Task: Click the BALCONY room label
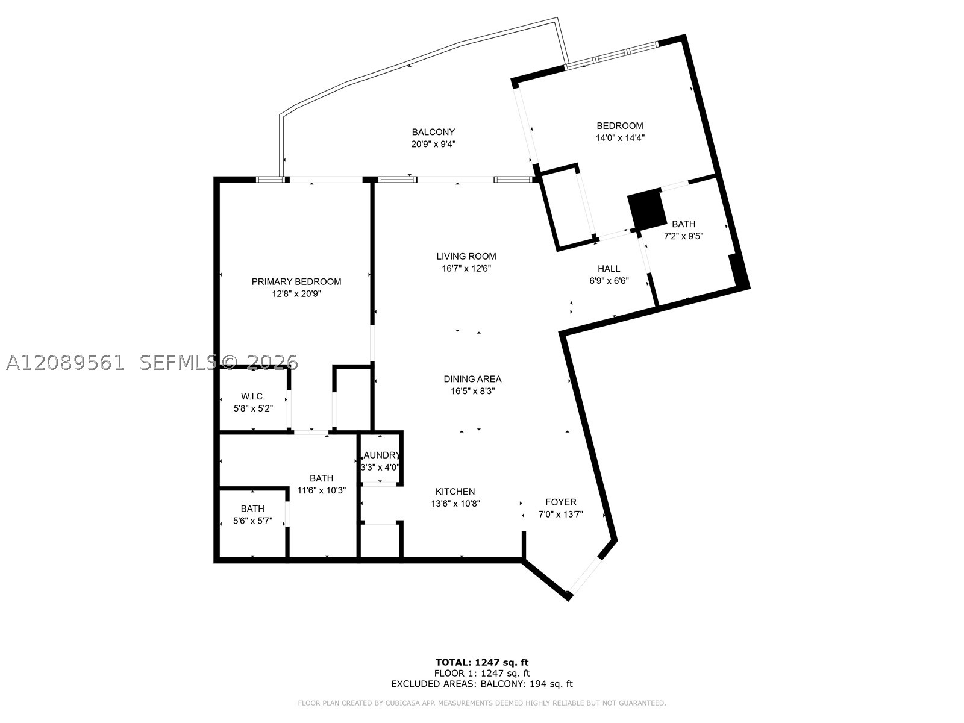click(x=433, y=132)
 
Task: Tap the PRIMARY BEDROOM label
click(x=296, y=281)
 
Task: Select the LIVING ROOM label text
click(x=466, y=257)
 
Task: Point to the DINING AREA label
click(x=472, y=379)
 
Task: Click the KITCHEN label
click(x=455, y=492)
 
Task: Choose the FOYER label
click(x=561, y=502)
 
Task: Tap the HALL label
click(x=609, y=269)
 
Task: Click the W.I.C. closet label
click(x=252, y=396)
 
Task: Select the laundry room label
click(x=381, y=455)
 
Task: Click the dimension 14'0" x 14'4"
click(x=620, y=138)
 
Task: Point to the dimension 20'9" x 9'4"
click(x=433, y=144)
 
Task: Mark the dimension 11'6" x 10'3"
click(x=322, y=490)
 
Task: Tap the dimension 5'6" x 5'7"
click(x=252, y=521)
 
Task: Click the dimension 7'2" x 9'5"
click(x=683, y=236)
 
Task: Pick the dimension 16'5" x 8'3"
click(x=472, y=391)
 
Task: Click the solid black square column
click(x=646, y=210)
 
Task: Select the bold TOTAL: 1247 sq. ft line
click(x=482, y=662)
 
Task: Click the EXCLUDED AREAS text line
click(x=482, y=683)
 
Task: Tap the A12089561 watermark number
click(x=66, y=363)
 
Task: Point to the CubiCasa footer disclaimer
click(x=482, y=703)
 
